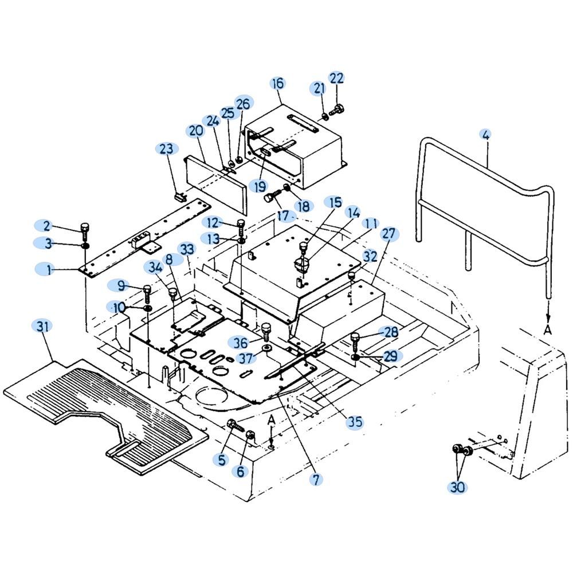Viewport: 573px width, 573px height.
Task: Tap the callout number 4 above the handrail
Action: pyautogui.click(x=485, y=135)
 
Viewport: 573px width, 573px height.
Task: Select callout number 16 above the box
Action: pyautogui.click(x=277, y=84)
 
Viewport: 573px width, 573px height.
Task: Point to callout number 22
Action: pyautogui.click(x=336, y=77)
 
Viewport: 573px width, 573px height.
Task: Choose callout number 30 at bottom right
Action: pyautogui.click(x=457, y=487)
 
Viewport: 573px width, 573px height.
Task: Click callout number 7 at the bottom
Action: pyautogui.click(x=316, y=480)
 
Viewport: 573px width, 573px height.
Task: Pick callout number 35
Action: pyautogui.click(x=355, y=422)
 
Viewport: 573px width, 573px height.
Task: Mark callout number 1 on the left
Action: pyautogui.click(x=49, y=269)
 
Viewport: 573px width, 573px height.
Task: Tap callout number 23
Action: pyautogui.click(x=166, y=149)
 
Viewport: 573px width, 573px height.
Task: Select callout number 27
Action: pyautogui.click(x=389, y=233)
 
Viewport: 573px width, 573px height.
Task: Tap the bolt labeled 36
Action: pyautogui.click(x=265, y=330)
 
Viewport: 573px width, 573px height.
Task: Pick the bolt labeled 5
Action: pyautogui.click(x=234, y=425)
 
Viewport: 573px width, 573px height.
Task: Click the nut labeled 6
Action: pyautogui.click(x=250, y=438)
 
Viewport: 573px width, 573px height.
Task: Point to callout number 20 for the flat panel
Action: pyautogui.click(x=196, y=131)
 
